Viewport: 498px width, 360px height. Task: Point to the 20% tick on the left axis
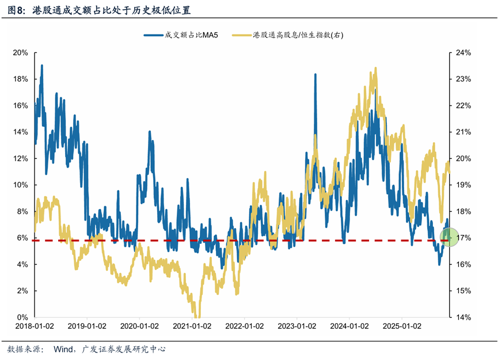[x=21, y=52]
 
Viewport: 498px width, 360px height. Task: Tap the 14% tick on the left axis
[x=21, y=132]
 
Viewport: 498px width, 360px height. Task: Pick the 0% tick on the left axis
[x=22, y=317]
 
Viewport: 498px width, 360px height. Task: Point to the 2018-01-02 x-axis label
[x=34, y=327]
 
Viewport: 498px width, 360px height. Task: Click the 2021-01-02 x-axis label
[x=191, y=327]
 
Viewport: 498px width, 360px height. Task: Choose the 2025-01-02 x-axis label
[x=401, y=327]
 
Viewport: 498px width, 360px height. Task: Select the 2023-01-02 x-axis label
[x=296, y=327]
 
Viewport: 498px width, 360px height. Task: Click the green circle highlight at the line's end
[x=449, y=236]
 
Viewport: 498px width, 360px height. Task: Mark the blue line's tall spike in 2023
[x=315, y=75]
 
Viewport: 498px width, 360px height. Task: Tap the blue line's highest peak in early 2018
[x=41, y=66]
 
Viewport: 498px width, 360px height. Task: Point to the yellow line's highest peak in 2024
[x=376, y=69]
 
